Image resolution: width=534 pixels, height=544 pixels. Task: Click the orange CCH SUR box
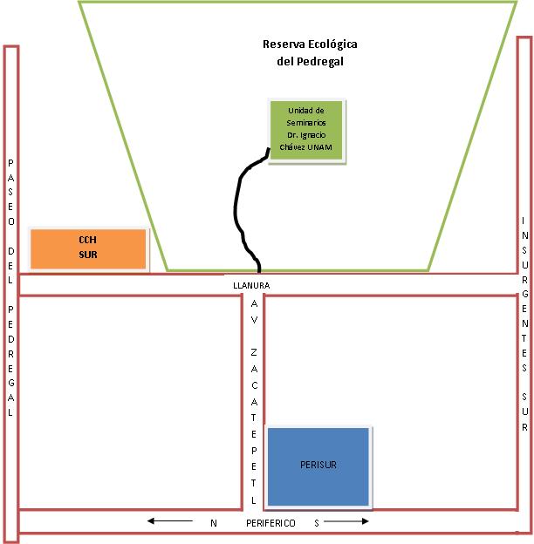pos(88,248)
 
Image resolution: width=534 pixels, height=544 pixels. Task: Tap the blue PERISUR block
pos(318,466)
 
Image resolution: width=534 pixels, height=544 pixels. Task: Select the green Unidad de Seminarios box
pos(306,130)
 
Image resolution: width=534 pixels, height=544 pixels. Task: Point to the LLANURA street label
pos(253,285)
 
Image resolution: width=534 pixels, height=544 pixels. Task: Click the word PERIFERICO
pos(270,523)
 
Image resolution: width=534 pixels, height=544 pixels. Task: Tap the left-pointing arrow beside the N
pos(169,522)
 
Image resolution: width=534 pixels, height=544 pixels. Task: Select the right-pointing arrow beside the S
pos(348,522)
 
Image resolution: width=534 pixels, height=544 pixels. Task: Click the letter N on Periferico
pos(212,523)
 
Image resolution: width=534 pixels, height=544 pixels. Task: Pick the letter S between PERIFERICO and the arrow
pos(317,523)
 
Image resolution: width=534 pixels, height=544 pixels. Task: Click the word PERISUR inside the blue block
pos(318,466)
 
